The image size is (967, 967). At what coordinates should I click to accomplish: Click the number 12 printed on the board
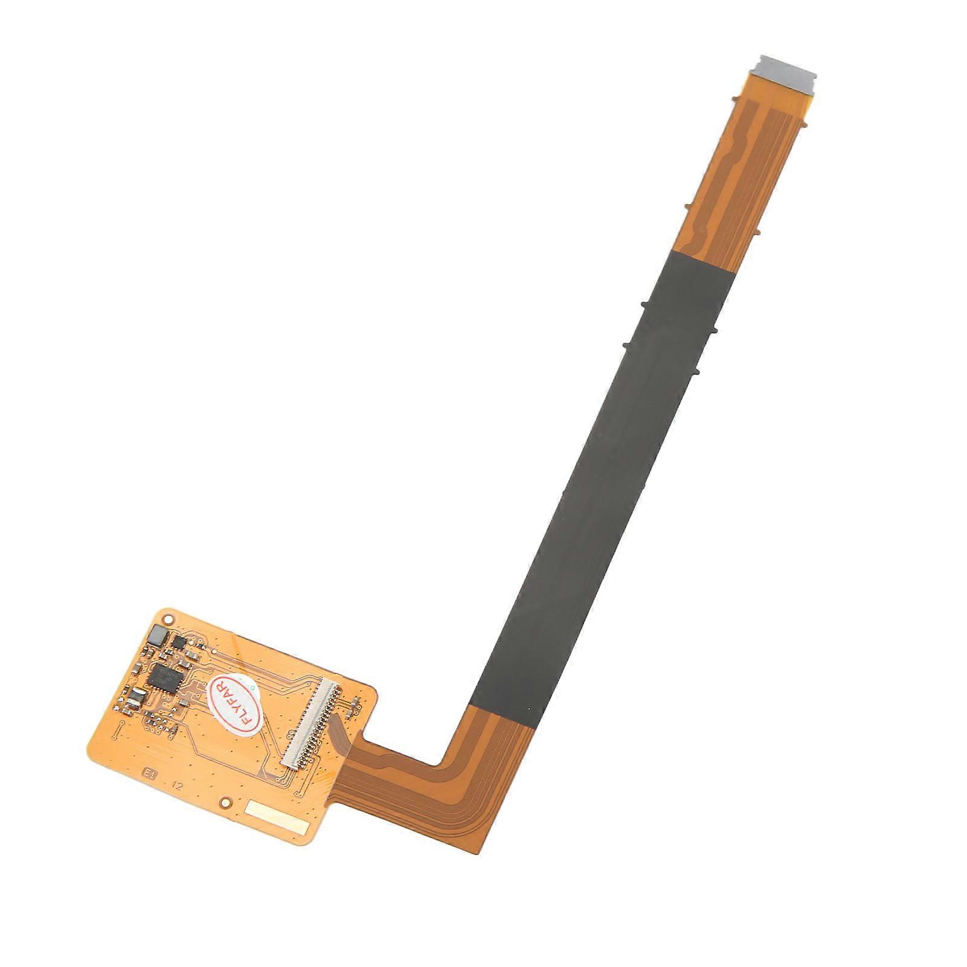click(x=176, y=786)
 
